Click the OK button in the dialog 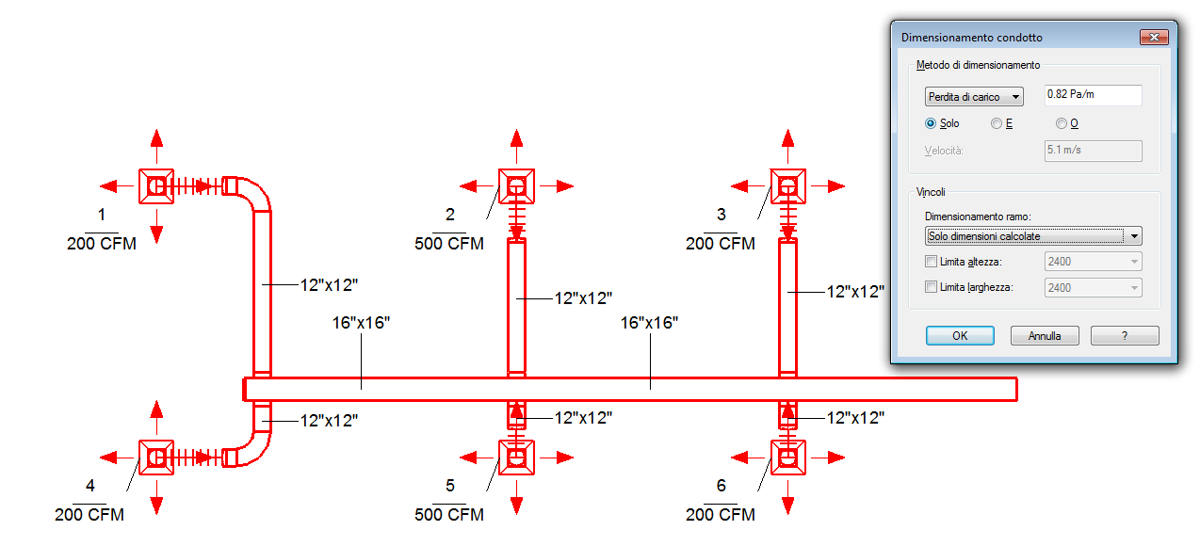[960, 336]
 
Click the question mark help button [1125, 336]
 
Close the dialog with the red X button [1154, 38]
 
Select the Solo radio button [931, 123]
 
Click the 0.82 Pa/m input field [1093, 96]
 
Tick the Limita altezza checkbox [932, 262]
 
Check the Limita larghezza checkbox [932, 287]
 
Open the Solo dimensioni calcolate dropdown [1033, 236]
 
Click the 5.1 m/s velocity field [1093, 151]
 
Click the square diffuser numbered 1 [156, 186]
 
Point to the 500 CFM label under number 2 [449, 245]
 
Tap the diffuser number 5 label [450, 486]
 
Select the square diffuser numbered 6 [788, 458]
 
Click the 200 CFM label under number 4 [89, 515]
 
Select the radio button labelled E [997, 123]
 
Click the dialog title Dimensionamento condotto [972, 38]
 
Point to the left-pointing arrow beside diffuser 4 [111, 458]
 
